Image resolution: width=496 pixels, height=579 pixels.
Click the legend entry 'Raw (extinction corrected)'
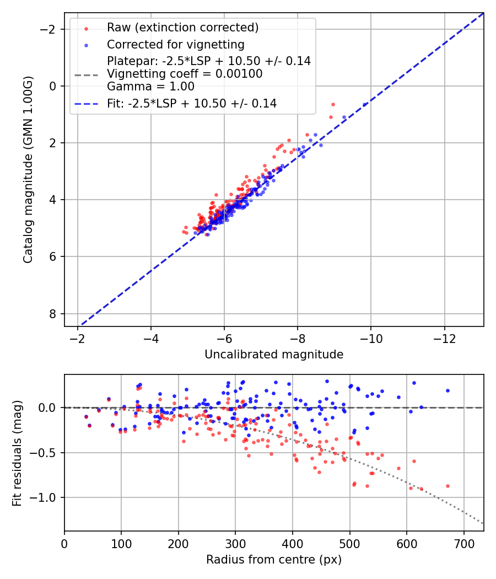point(182,28)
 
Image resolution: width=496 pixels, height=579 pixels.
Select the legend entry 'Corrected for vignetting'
point(175,44)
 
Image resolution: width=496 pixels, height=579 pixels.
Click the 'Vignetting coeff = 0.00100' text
point(185,74)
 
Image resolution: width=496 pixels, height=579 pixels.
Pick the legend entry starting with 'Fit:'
point(191,103)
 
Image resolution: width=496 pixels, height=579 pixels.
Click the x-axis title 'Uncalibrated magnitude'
point(274,355)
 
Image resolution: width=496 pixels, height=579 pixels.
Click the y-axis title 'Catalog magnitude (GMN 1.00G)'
point(28,170)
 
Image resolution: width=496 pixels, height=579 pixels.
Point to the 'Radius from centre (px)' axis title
point(274,560)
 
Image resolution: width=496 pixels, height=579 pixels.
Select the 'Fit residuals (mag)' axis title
point(17,452)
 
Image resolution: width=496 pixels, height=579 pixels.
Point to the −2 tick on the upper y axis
point(51,29)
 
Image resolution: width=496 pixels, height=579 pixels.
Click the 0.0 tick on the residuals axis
point(50,408)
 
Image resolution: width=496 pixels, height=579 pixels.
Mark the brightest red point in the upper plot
point(333,104)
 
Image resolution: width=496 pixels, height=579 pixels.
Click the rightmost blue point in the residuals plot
point(448,390)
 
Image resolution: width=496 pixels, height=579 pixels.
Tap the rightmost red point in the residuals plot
point(448,486)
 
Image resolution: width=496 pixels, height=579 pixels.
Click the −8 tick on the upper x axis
point(298,336)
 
